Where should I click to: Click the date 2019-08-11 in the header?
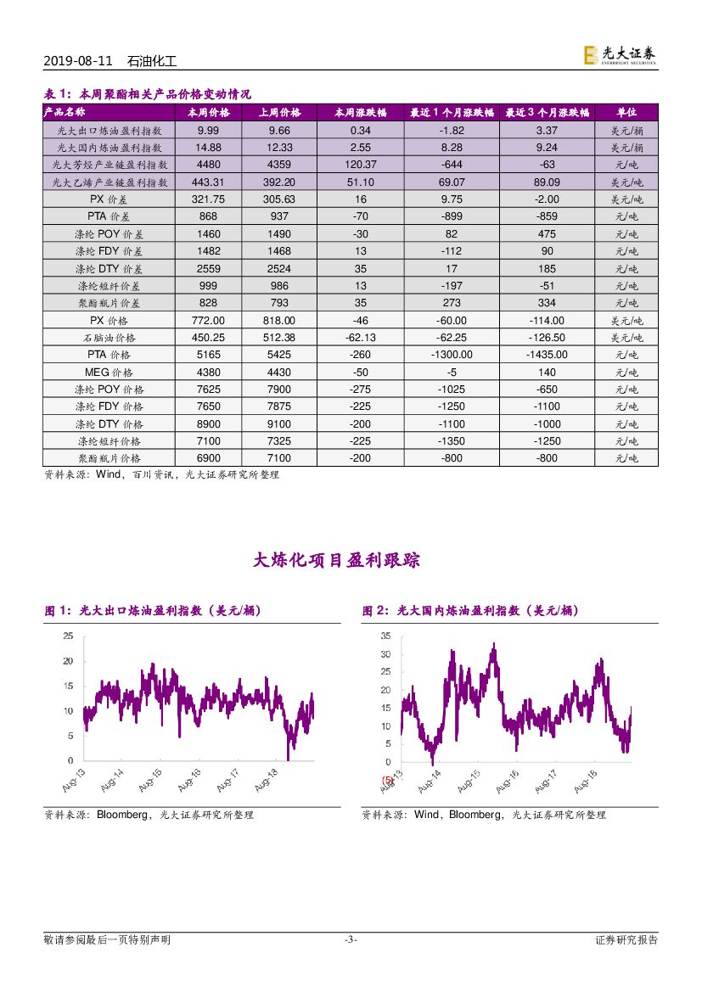coord(76,62)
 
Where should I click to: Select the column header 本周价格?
coord(208,112)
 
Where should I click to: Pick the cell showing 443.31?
coord(208,182)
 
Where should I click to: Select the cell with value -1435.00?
coord(547,355)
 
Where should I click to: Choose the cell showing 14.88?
coord(208,147)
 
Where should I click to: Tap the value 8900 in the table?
coord(208,424)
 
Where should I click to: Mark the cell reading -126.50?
coord(547,338)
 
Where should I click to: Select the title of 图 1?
coord(153,610)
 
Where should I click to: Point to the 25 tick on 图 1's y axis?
coord(68,636)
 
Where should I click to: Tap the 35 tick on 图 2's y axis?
coord(385,636)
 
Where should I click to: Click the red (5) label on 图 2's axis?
coord(388,780)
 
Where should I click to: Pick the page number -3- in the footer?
coord(351,939)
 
